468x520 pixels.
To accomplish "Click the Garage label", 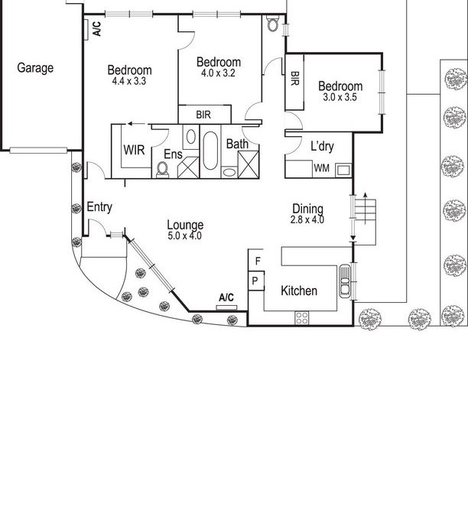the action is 35,68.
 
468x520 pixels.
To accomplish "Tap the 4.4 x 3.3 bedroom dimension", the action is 129,81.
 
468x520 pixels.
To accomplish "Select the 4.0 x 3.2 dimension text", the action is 218,73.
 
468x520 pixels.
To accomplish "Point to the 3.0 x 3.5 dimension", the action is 340,97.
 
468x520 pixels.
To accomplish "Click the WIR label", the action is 134,150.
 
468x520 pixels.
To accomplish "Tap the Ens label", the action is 173,154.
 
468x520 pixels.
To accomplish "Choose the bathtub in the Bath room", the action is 210,151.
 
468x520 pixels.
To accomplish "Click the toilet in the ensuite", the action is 163,169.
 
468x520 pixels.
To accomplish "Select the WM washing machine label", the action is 322,168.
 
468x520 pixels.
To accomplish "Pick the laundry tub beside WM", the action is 343,170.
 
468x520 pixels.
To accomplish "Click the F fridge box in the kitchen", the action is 256,261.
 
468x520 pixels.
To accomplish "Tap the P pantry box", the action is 256,281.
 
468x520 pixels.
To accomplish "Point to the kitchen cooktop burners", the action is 302,317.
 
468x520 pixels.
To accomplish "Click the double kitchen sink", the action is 345,281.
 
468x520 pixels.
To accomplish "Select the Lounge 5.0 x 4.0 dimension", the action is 185,236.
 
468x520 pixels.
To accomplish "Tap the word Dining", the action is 308,209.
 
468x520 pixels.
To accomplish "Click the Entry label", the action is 99,207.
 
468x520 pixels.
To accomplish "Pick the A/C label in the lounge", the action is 226,297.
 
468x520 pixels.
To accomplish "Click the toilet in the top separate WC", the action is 273,23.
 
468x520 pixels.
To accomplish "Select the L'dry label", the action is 322,146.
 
